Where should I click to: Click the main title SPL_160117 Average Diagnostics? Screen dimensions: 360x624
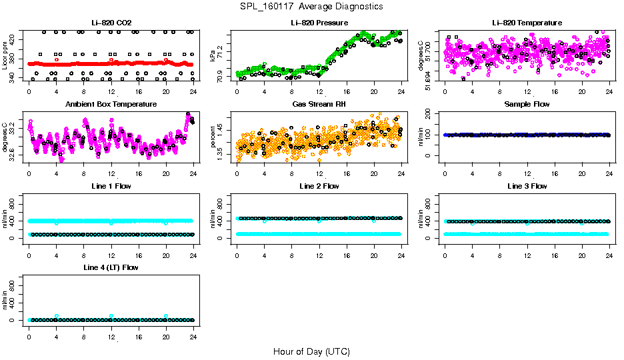click(x=312, y=6)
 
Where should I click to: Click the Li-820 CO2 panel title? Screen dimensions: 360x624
click(x=111, y=23)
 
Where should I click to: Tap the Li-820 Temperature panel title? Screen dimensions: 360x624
click(x=527, y=23)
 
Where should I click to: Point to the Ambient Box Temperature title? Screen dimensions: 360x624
click(x=111, y=104)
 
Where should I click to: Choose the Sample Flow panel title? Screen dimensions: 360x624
click(x=527, y=104)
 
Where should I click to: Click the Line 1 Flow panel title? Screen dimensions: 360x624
click(x=111, y=186)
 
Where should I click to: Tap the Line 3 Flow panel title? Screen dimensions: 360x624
click(x=527, y=186)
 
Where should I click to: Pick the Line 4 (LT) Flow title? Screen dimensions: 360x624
click(x=111, y=267)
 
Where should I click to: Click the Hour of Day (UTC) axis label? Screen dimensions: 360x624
click(x=311, y=351)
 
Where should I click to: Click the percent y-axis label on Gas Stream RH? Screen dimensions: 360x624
click(x=213, y=137)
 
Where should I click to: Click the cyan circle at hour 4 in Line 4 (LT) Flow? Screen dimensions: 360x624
click(x=57, y=316)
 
